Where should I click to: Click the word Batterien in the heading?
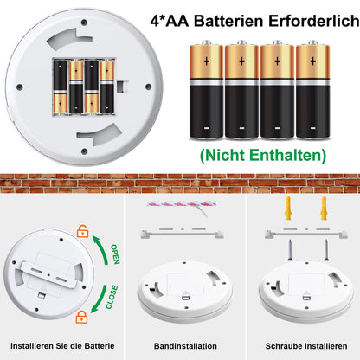click(x=228, y=21)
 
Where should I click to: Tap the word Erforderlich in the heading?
click(x=314, y=21)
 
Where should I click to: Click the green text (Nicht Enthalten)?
click(x=263, y=155)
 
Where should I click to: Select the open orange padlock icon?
click(x=82, y=231)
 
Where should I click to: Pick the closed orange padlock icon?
click(x=82, y=317)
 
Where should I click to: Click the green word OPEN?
click(x=115, y=254)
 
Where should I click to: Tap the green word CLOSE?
click(x=112, y=297)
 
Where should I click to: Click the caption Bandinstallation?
click(x=185, y=346)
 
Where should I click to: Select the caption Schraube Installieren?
click(x=306, y=346)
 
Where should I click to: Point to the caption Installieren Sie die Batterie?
click(x=62, y=346)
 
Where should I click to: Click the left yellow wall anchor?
click(x=288, y=208)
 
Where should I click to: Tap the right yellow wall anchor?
click(x=324, y=208)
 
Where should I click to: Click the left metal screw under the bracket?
click(x=291, y=250)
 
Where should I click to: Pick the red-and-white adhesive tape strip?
click(x=182, y=204)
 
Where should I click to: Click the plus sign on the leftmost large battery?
click(x=207, y=61)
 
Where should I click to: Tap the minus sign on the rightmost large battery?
click(x=313, y=128)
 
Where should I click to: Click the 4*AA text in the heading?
click(x=170, y=21)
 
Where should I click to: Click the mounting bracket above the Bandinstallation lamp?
click(x=183, y=233)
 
